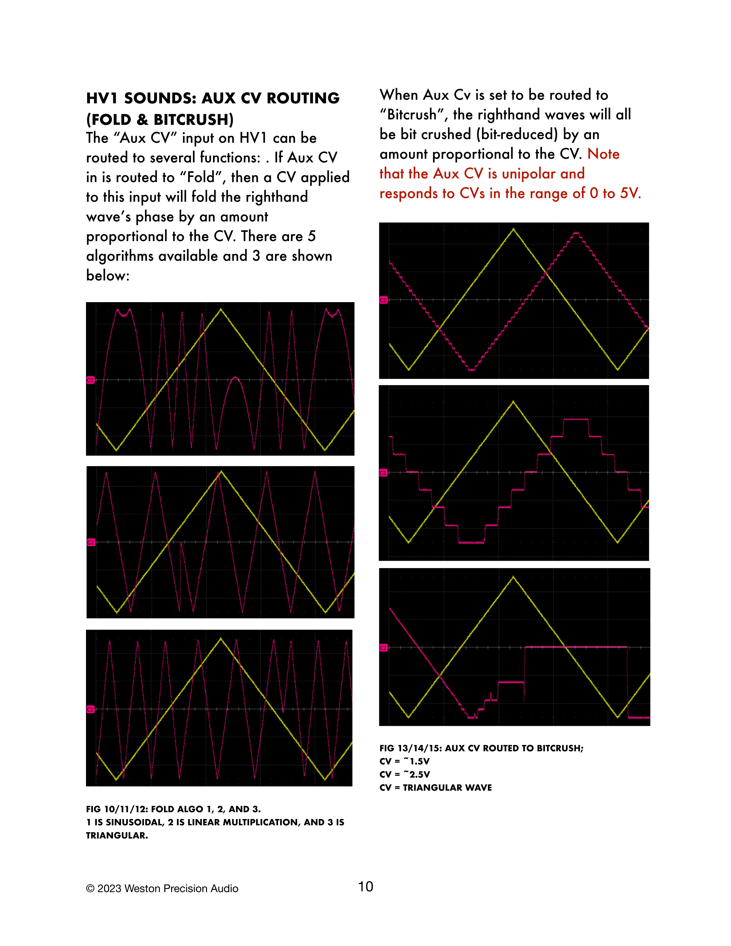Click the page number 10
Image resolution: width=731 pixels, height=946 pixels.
[x=365, y=887]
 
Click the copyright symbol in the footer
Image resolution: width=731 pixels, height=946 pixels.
[x=90, y=889]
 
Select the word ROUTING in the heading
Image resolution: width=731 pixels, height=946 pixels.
[x=303, y=98]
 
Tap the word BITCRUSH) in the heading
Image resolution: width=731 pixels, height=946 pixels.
[x=193, y=120]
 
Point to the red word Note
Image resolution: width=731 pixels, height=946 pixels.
[x=603, y=154]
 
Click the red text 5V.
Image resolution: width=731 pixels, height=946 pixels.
[x=630, y=193]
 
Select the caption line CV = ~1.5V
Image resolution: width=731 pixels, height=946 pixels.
[x=404, y=761]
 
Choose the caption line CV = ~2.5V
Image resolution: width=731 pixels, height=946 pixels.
[x=404, y=775]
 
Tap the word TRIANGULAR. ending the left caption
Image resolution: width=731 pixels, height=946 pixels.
[x=117, y=836]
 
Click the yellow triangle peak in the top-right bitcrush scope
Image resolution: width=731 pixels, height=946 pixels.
[x=514, y=229]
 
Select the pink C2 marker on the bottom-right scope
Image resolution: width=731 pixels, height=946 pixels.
[x=383, y=648]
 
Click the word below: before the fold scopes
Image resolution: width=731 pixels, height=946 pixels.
[x=108, y=275]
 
